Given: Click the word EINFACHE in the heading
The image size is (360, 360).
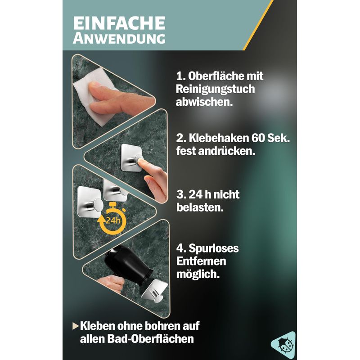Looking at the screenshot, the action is pyautogui.click(x=119, y=23).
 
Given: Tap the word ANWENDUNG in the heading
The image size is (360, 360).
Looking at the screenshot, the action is pyautogui.click(x=119, y=38).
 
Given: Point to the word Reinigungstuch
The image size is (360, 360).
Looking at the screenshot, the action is pyautogui.click(x=216, y=89).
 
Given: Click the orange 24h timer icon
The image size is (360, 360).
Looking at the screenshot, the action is pyautogui.click(x=112, y=219).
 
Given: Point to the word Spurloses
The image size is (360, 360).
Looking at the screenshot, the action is pyautogui.click(x=213, y=249).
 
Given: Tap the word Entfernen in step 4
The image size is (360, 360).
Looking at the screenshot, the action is pyautogui.click(x=201, y=261).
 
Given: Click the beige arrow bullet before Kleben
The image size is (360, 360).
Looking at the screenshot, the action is pyautogui.click(x=76, y=326).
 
